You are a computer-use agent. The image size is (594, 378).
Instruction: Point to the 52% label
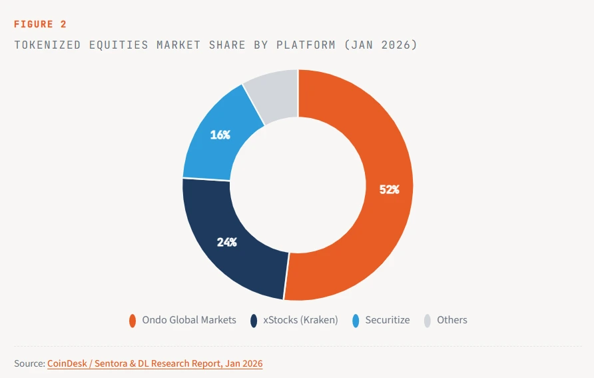pyautogui.click(x=389, y=189)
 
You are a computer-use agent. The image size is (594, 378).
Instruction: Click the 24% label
pyautogui.click(x=226, y=242)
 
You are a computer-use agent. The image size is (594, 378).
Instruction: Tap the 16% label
pyautogui.click(x=220, y=135)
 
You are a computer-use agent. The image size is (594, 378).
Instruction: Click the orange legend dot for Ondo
pyautogui.click(x=133, y=321)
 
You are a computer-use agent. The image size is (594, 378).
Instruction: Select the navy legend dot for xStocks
pyautogui.click(x=254, y=321)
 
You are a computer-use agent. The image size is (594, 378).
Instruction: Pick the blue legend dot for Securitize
pyautogui.click(x=356, y=321)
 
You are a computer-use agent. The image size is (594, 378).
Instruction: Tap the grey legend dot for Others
pyautogui.click(x=428, y=321)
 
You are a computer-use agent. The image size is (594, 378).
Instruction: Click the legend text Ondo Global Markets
pyautogui.click(x=189, y=320)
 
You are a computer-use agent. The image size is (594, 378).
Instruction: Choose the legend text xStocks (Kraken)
pyautogui.click(x=301, y=320)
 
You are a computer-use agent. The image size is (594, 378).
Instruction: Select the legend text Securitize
pyautogui.click(x=388, y=320)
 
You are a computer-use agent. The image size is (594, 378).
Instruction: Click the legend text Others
pyautogui.click(x=452, y=320)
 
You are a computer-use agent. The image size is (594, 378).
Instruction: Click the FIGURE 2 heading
pyautogui.click(x=40, y=24)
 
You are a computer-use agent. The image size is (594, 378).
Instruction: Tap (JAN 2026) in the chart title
pyautogui.click(x=382, y=45)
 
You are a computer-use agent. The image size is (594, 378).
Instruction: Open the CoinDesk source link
pyautogui.click(x=154, y=363)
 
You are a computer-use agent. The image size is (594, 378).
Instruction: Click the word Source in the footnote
pyautogui.click(x=29, y=363)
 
